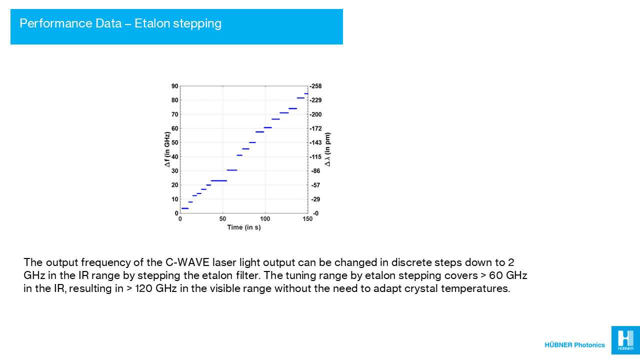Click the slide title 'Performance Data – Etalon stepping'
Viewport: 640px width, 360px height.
pos(120,23)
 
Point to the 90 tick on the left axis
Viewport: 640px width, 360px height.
pos(175,86)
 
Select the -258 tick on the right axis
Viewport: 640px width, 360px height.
pos(316,86)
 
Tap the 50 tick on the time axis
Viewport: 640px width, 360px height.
pos(222,218)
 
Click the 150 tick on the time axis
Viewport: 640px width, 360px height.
pos(307,218)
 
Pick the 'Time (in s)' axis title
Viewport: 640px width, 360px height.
pos(244,227)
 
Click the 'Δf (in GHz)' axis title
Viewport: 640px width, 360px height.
pos(167,149)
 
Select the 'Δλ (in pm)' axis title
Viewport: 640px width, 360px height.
pos(327,149)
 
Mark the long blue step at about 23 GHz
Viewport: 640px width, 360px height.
pos(219,180)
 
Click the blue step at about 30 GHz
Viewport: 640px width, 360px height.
pos(232,170)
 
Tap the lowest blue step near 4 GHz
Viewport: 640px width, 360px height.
pos(185,208)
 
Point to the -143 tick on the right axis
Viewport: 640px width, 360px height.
pos(316,142)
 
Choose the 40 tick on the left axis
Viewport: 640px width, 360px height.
pos(175,157)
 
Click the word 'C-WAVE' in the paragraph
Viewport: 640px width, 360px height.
pos(187,262)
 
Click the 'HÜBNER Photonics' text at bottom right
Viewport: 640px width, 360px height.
pos(574,345)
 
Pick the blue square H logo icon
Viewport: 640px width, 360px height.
pos(625,340)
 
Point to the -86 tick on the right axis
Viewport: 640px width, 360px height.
pos(316,171)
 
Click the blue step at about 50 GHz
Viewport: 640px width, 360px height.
pos(252,142)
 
